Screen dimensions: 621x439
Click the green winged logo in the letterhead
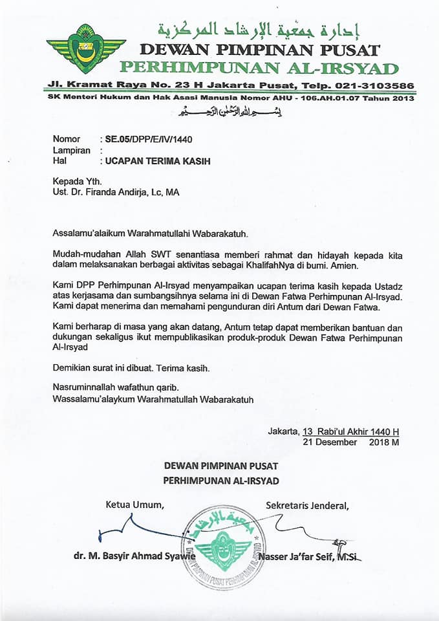[x=86, y=49]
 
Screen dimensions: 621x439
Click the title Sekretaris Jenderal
[x=307, y=505]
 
